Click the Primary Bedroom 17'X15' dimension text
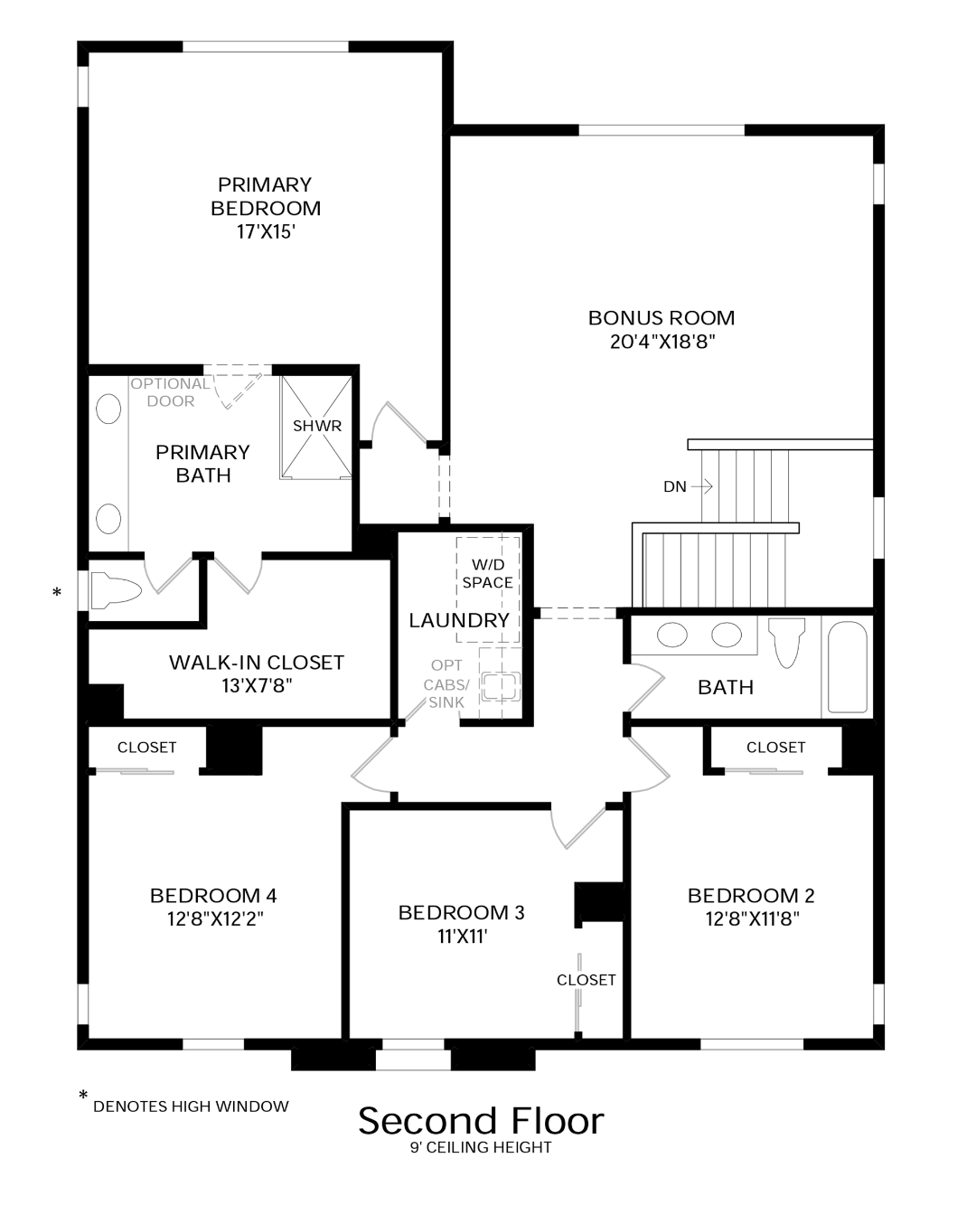tap(267, 232)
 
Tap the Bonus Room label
tap(661, 318)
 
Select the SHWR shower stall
tap(316, 427)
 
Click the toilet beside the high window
tap(116, 591)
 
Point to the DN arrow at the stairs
tap(702, 486)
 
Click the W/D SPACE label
tap(487, 573)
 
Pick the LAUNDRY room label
tap(459, 621)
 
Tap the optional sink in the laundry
tap(501, 687)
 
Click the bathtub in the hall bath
tap(847, 667)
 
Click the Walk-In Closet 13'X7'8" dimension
tap(257, 685)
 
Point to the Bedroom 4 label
tap(213, 896)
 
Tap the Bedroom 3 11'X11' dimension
tap(462, 937)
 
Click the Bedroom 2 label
tap(751, 896)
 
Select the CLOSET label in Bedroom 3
tap(586, 981)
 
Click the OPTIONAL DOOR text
tap(170, 392)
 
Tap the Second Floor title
tap(481, 1121)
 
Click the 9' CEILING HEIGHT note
tap(481, 1147)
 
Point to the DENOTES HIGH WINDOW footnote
tap(191, 1106)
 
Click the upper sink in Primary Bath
tap(108, 409)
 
